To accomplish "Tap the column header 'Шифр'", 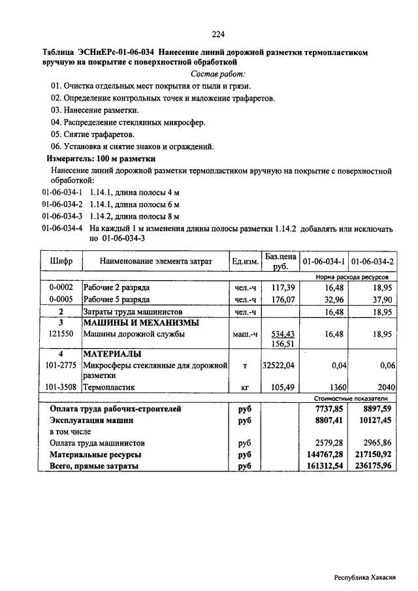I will pos(61,261).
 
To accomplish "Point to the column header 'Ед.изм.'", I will pos(245,261).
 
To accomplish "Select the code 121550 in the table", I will pos(61,334).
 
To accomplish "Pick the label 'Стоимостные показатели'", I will pos(351,398).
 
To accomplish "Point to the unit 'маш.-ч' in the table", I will pos(246,334).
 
